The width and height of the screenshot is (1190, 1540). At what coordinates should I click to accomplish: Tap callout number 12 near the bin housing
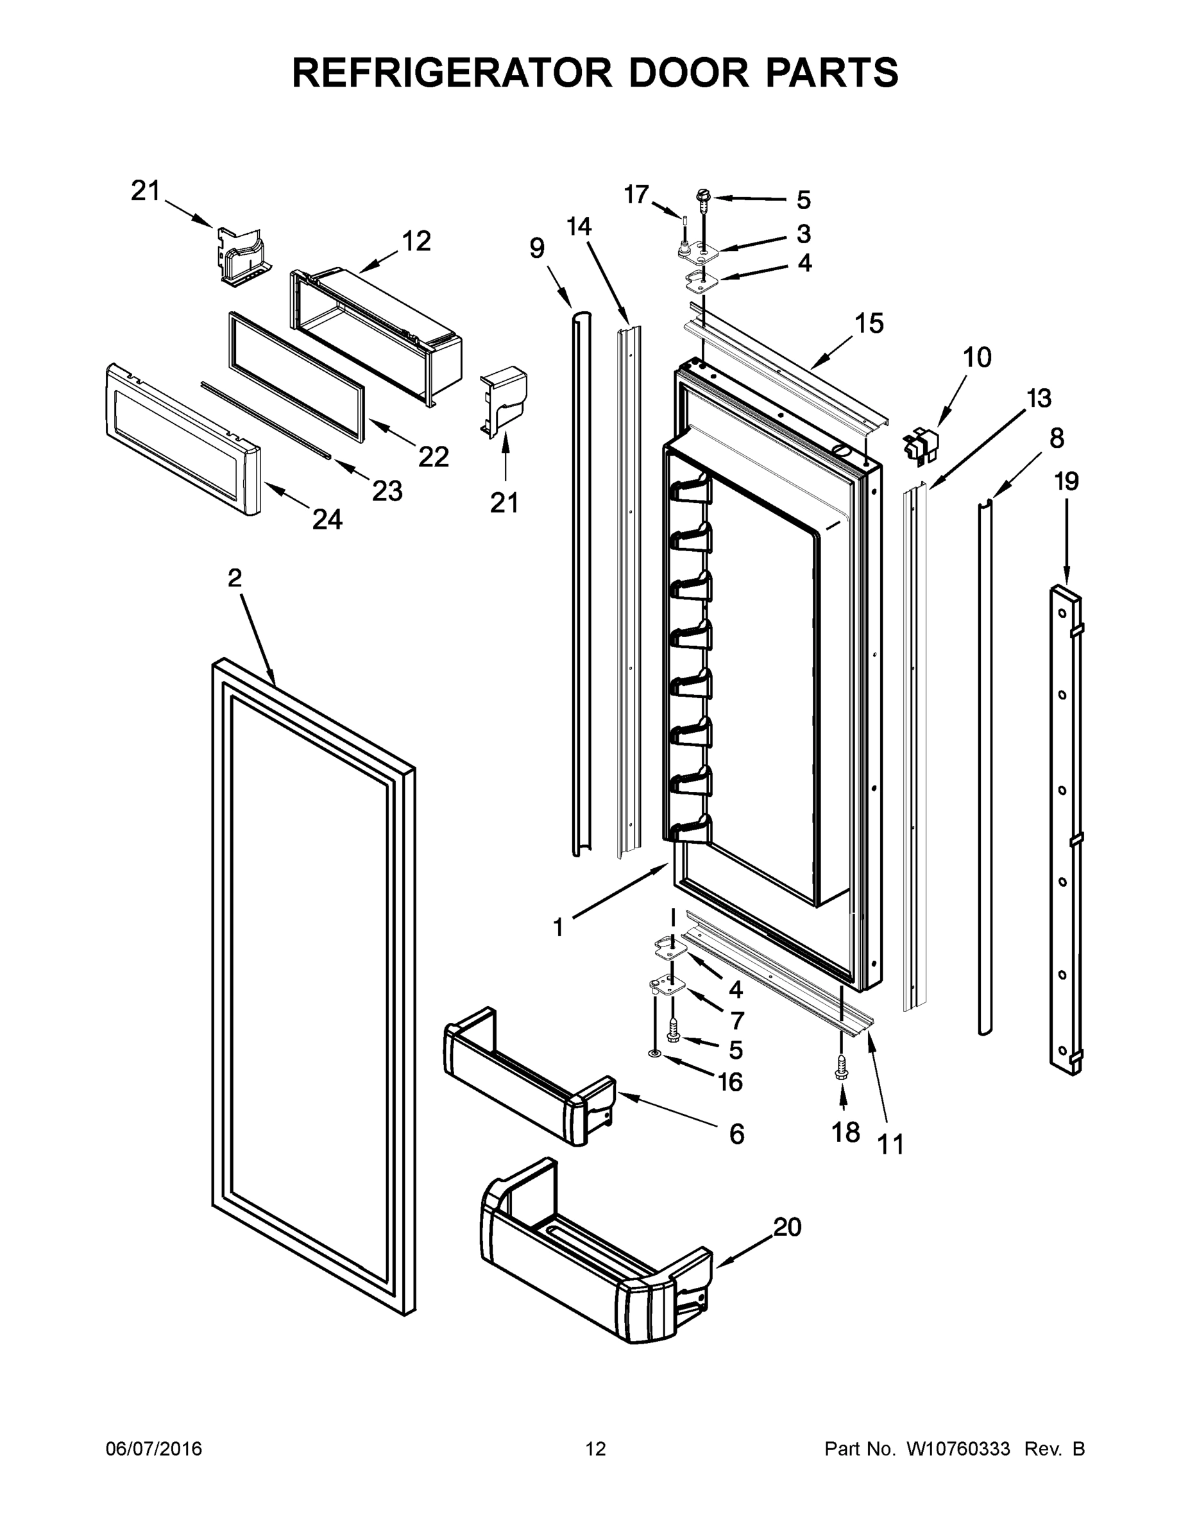[416, 242]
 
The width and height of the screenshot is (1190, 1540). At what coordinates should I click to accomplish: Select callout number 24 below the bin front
[327, 520]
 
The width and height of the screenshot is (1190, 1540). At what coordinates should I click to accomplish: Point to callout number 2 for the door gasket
[235, 578]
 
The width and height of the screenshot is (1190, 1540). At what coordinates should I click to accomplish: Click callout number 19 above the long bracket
[1066, 482]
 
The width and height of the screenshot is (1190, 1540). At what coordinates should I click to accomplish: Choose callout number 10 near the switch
[976, 357]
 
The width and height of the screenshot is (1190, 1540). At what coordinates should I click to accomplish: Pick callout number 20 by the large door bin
[788, 1227]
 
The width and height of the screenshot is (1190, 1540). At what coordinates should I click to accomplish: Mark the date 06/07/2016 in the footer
[154, 1449]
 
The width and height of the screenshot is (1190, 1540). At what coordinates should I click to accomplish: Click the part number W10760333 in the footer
[958, 1449]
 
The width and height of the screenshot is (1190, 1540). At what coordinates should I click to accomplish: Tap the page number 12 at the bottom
[596, 1449]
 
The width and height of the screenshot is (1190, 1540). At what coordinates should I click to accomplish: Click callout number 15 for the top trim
[869, 323]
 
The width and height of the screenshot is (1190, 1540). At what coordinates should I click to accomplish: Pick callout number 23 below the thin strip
[387, 491]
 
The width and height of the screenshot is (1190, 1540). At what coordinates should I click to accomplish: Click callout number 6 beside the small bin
[736, 1134]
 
